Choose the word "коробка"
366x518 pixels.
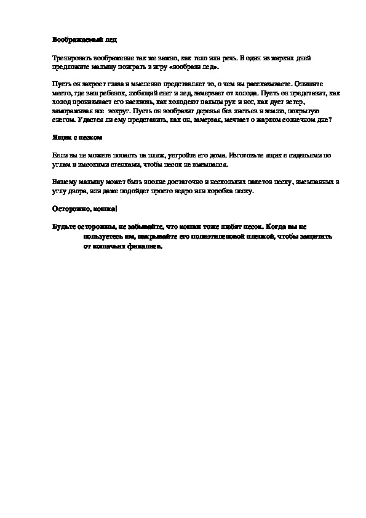pos(222,192)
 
